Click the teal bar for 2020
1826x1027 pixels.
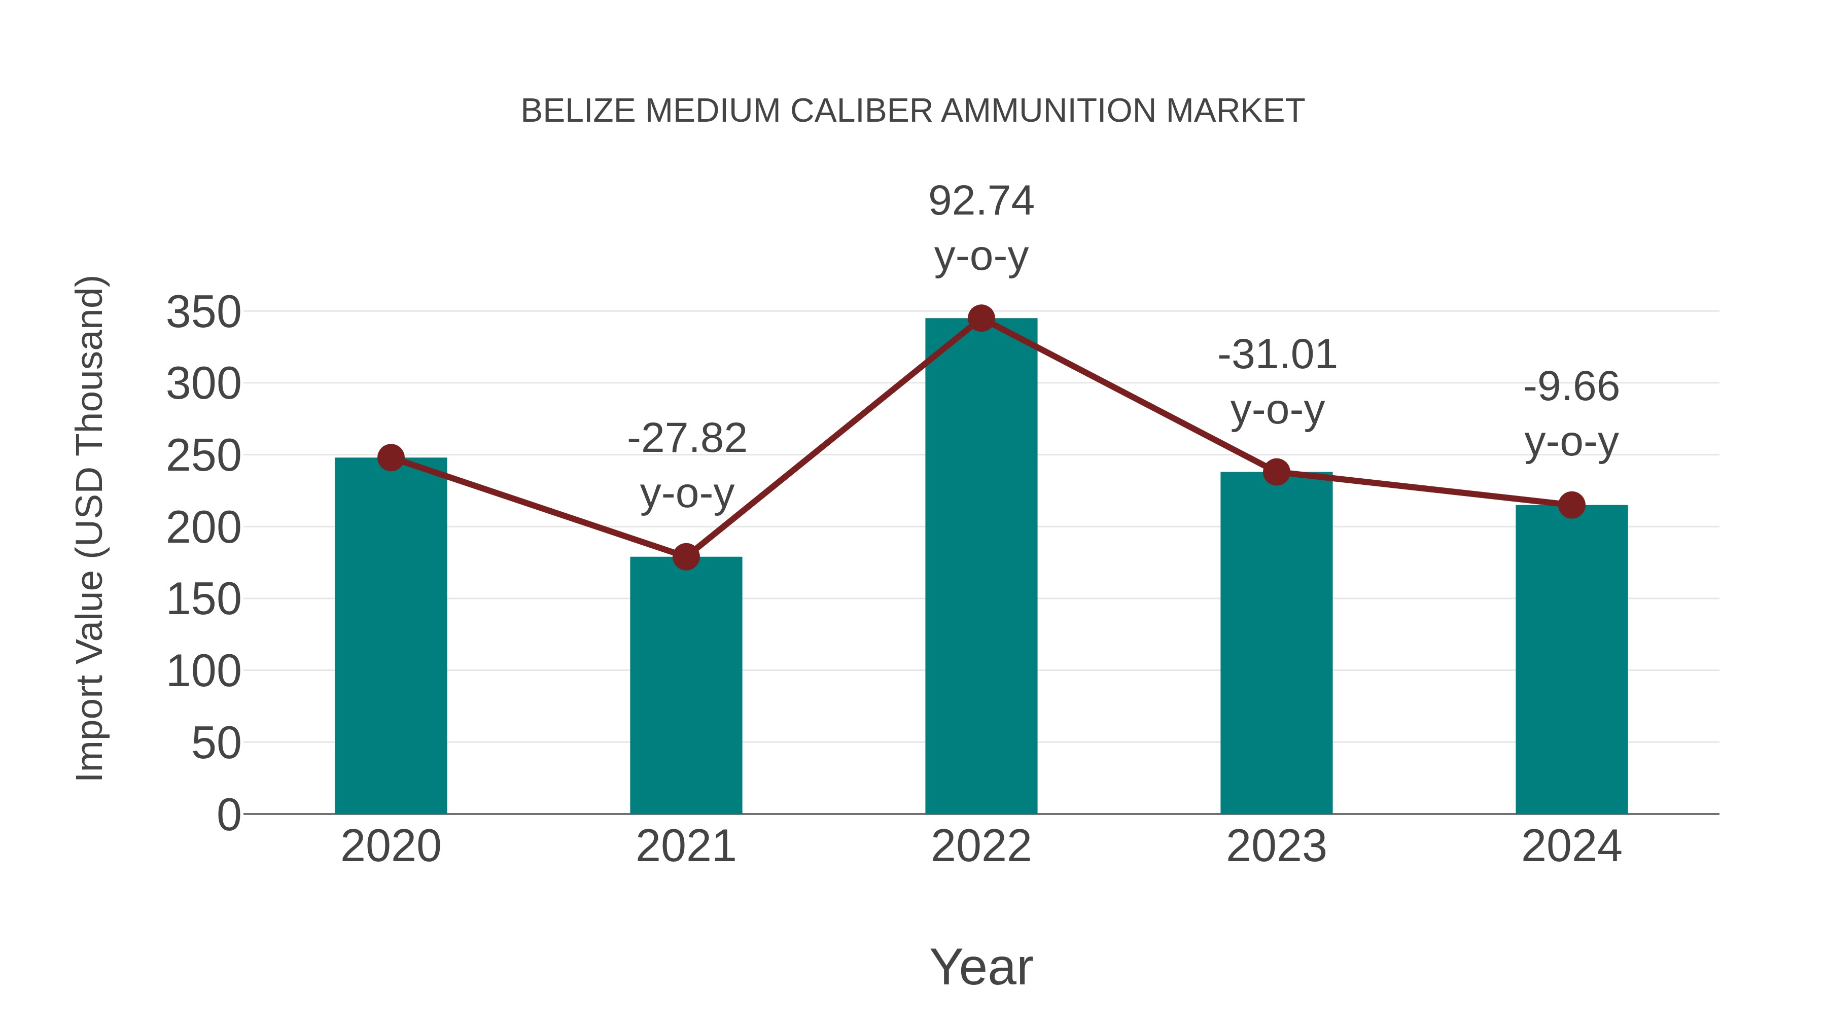pos(391,638)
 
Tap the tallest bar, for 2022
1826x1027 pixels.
pos(981,567)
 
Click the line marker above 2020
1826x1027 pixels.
pos(391,458)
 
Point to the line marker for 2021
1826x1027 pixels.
pos(685,557)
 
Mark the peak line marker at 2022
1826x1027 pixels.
pos(981,318)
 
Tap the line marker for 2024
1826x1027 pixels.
pos(1571,505)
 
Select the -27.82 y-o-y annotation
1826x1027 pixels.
pos(687,465)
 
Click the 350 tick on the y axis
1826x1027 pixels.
pos(203,312)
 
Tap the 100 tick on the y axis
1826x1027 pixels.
pos(203,672)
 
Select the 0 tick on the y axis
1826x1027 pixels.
pos(229,815)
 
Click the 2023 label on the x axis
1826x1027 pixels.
pos(1276,846)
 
